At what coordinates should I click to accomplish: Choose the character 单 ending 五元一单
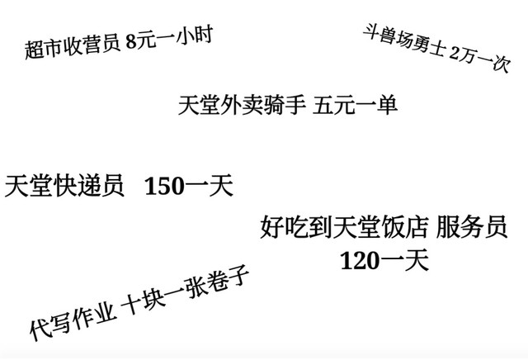click(x=388, y=105)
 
